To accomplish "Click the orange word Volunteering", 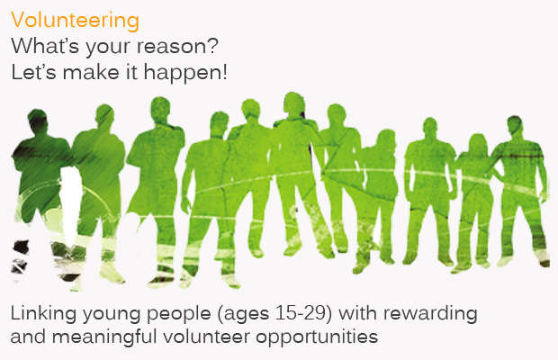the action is [75, 21].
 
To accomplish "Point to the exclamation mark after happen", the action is [225, 72].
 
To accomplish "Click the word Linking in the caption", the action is [43, 314].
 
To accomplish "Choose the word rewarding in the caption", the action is [430, 314].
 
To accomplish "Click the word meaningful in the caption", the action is [104, 337].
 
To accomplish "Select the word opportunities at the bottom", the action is [317, 337].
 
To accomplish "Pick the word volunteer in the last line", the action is [206, 337].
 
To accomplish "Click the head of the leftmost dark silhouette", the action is [38, 121].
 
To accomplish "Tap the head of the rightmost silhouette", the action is [514, 126].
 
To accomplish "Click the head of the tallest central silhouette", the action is [294, 103].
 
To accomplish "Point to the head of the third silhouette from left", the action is [160, 110].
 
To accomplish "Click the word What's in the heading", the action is [45, 46].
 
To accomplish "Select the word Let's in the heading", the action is [33, 72].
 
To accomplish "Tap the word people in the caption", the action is [178, 314].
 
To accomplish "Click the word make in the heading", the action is [91, 72].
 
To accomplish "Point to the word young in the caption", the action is [111, 315].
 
